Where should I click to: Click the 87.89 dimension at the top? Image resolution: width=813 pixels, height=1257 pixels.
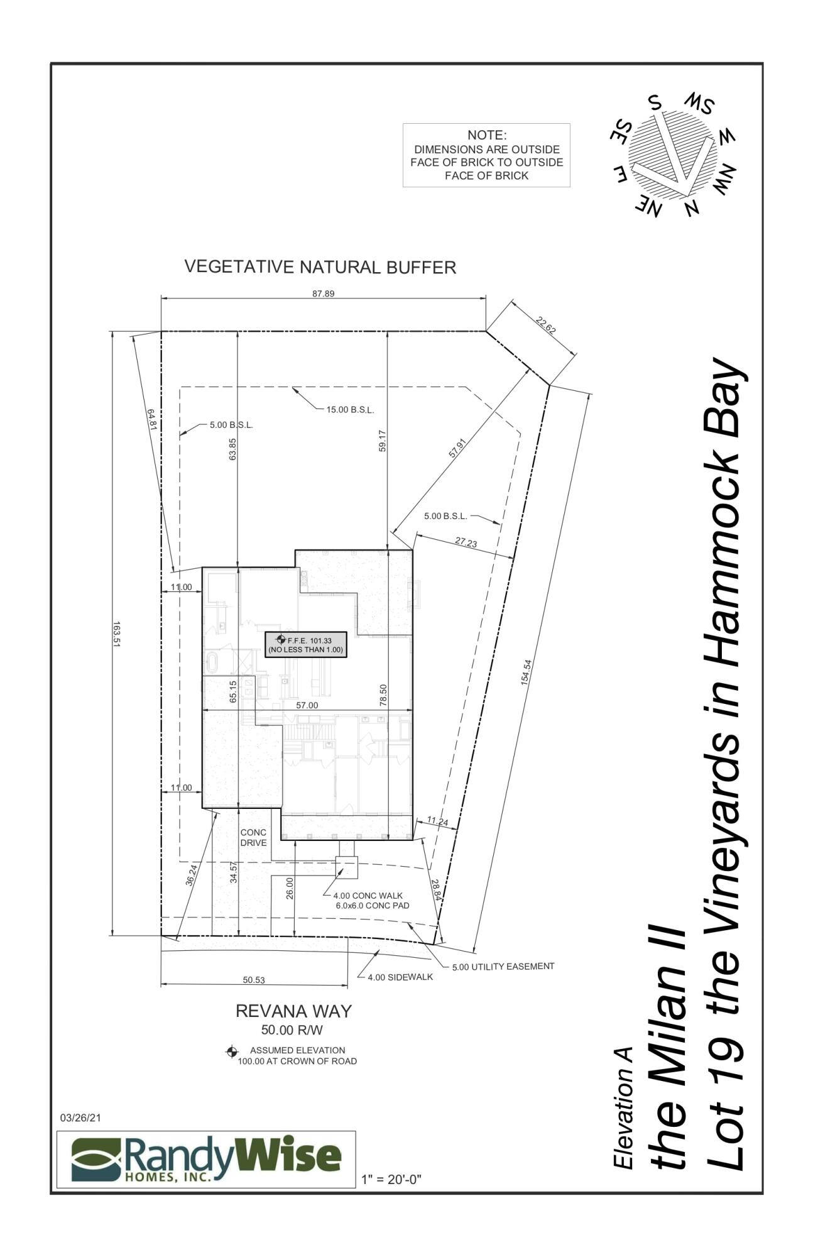323,294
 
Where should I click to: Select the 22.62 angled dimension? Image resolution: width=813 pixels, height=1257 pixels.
545,326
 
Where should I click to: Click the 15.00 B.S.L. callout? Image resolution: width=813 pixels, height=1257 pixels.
350,410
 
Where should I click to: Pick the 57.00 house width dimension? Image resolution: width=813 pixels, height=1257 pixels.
307,705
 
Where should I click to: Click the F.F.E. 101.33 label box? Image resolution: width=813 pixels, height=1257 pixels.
306,645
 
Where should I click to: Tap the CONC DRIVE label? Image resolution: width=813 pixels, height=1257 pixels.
253,837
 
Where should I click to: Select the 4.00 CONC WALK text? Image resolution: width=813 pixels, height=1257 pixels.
368,896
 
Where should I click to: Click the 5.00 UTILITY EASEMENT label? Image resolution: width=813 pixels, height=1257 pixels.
503,967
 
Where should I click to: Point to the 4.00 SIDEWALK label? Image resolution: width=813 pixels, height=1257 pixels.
400,977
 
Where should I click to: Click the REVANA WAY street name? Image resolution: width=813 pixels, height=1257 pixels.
293,1011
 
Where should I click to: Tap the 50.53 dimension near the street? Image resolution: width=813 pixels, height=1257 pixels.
254,980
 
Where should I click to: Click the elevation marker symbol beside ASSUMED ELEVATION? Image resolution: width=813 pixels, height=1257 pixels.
231,1051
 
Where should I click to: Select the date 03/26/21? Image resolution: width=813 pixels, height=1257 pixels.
80,1118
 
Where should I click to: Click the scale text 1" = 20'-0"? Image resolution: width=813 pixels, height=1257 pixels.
391,1180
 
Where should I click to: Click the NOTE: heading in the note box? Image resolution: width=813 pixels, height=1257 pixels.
486,135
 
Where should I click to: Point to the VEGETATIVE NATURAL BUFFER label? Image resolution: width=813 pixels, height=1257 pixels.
320,267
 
